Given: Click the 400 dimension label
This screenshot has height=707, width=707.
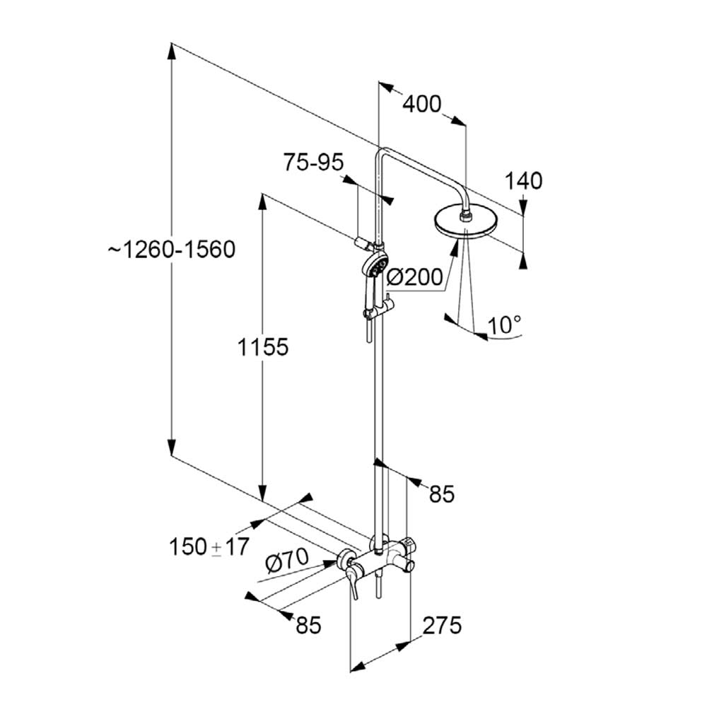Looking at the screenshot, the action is point(421,104).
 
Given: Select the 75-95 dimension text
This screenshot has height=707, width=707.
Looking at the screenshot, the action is point(313,162).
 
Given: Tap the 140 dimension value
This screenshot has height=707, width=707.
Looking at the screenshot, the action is point(523,181).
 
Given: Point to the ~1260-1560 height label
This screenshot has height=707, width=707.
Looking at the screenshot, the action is point(171,250).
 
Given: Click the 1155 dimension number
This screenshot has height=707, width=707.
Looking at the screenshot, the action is point(263,347).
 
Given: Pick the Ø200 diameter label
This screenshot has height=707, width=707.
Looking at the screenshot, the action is point(415,277).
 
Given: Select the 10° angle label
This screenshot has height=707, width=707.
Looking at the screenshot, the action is point(504,325).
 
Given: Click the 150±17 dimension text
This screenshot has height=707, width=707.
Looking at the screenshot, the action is point(209,547).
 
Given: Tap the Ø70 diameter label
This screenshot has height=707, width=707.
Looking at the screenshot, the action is point(287,561).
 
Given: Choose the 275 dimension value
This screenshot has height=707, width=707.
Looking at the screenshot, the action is point(442,626).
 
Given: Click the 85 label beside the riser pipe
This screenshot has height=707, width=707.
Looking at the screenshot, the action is point(441,494).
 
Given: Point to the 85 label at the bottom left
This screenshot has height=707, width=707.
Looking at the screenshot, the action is point(308,626).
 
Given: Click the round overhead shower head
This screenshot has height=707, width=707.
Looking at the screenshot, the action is point(467,223).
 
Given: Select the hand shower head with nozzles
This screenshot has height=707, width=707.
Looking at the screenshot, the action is point(375,266).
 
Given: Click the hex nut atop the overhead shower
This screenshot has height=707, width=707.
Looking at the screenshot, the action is point(465,217).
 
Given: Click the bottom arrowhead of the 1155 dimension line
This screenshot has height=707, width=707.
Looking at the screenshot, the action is point(262,492).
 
